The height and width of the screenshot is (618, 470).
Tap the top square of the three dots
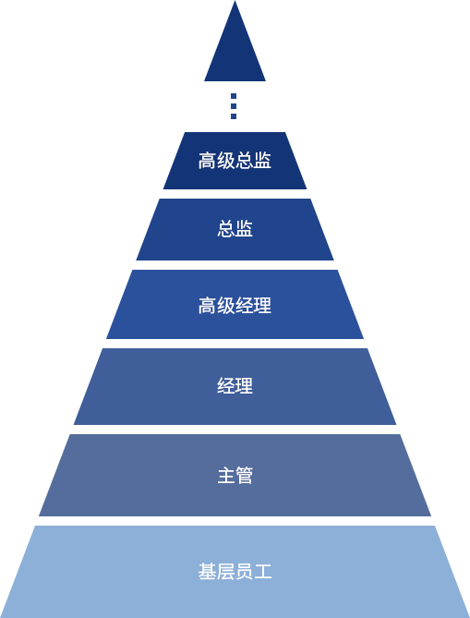234,96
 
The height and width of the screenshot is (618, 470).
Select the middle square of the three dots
234,106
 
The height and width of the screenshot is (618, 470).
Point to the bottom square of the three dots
234,116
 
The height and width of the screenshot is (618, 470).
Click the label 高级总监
235,161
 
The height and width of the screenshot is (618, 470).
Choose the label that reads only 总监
235,229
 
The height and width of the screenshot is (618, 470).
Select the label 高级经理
235,306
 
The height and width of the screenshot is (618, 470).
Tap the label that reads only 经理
235,386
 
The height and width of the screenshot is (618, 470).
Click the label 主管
235,476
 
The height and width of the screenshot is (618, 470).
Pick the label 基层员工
235,572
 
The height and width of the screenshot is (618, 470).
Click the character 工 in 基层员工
263,572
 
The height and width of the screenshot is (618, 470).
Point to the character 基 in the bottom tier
207,572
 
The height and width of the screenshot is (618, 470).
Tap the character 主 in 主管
225,476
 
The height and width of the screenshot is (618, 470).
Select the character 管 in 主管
245,476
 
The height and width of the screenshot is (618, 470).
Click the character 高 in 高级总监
207,161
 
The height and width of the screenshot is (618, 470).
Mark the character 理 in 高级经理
263,306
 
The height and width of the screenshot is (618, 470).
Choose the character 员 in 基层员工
245,572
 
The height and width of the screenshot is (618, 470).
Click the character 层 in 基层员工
225,572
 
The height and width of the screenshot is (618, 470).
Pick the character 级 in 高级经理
225,306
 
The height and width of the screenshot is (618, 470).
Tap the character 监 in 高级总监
263,161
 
